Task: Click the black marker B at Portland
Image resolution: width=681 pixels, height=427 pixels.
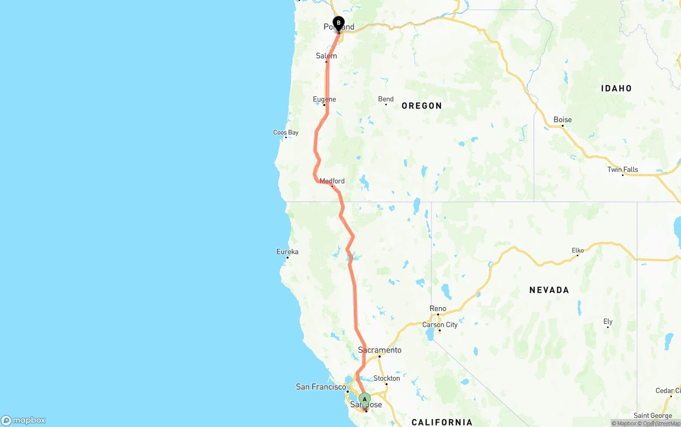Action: tap(338, 23)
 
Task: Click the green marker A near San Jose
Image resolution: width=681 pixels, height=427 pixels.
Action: tap(364, 399)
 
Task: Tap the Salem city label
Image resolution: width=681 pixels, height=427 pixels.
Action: tap(326, 56)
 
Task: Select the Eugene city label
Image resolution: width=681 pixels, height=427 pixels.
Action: tap(324, 99)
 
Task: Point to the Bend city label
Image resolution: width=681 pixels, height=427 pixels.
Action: tap(386, 99)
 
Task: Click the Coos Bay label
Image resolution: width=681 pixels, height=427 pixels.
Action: tap(286, 132)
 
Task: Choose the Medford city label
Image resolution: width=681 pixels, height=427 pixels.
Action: tap(332, 181)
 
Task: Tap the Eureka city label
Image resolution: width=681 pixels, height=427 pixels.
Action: tap(287, 252)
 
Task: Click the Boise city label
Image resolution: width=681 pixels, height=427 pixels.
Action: tap(562, 120)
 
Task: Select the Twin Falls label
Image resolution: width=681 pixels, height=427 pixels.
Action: tap(622, 170)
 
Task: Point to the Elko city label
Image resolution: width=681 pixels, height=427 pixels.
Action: tap(578, 250)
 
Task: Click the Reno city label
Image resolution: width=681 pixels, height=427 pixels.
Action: tap(438, 308)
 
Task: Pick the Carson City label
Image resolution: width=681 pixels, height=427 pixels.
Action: tap(439, 325)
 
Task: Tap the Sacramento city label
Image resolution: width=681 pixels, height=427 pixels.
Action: tap(379, 350)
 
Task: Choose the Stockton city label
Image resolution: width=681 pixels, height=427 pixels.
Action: tap(386, 379)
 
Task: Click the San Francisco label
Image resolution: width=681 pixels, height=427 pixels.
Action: tap(321, 387)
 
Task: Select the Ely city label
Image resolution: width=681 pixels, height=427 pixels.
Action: tap(608, 322)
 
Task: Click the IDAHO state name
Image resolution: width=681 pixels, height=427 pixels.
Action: tap(616, 88)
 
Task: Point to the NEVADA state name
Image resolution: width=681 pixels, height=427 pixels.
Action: tap(549, 290)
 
